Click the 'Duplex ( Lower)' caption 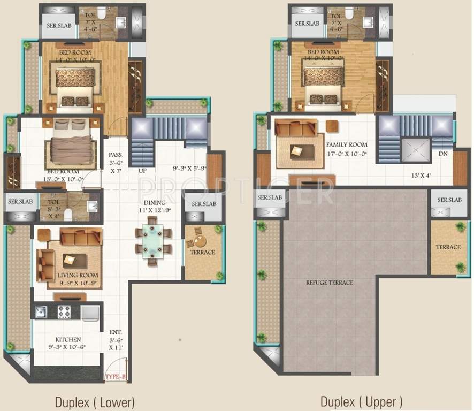95,401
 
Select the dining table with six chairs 154,240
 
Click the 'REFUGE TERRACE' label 330,283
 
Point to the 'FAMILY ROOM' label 347,145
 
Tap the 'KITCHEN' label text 68,339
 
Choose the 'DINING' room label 154,202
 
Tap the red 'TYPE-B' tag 115,378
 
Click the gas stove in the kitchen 65,311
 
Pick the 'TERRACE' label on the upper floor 448,247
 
